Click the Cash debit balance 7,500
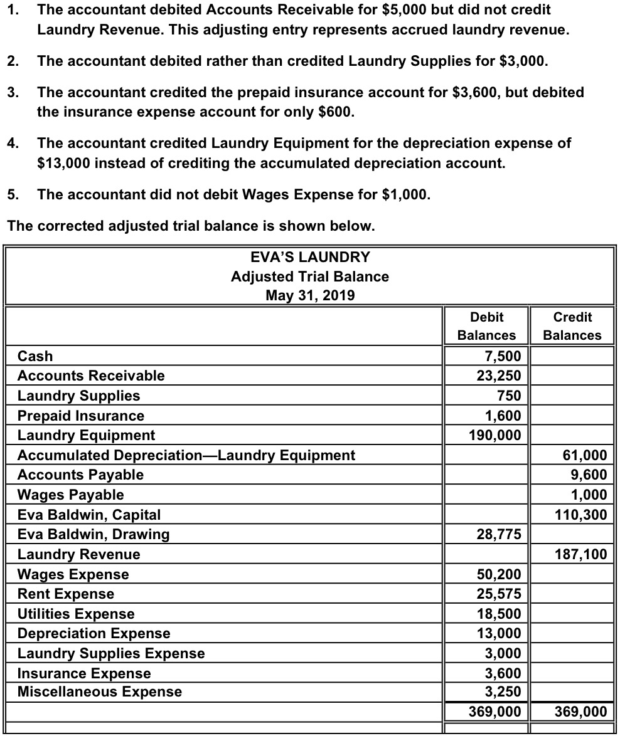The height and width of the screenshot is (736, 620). point(503,356)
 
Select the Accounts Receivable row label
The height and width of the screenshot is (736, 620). point(91,376)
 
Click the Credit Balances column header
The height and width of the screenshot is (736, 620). point(572,326)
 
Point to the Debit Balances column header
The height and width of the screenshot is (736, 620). point(486,326)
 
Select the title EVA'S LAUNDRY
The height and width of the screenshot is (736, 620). point(309,257)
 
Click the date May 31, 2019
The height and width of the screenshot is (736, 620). point(309,295)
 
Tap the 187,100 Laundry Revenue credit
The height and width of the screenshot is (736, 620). point(581,554)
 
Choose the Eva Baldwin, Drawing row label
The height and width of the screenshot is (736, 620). point(94,534)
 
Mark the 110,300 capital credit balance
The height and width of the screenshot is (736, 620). point(581,515)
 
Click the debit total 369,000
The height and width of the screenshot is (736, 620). point(495,712)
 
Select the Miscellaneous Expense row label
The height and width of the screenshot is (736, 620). point(100,691)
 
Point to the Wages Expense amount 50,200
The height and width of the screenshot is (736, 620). point(499,574)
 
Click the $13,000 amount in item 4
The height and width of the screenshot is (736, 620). point(65,164)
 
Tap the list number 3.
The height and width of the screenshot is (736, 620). point(12,93)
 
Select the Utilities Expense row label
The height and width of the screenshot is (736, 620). point(76,614)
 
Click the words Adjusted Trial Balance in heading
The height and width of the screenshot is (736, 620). point(309,276)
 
